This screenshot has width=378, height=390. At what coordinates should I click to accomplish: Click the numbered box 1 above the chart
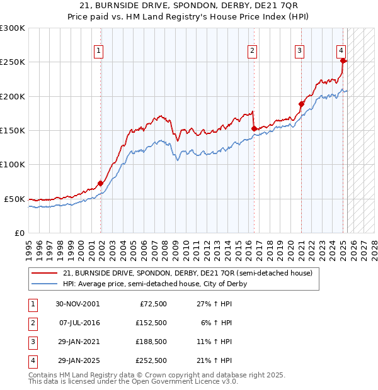coord(100,52)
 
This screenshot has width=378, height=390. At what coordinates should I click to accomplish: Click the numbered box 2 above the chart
coord(252,52)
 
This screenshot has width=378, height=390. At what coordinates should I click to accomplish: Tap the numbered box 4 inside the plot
coord(341,52)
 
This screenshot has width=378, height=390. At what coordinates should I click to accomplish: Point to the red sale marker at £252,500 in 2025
coord(343,61)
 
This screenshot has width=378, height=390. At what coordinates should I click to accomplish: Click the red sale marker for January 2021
coord(302,104)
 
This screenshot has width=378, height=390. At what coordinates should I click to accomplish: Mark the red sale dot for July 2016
coord(254,129)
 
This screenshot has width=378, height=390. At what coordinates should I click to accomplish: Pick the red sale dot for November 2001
coord(100,184)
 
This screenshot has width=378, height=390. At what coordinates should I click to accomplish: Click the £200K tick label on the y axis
coord(12,96)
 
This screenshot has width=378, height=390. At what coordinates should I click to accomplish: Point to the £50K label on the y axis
coord(14,199)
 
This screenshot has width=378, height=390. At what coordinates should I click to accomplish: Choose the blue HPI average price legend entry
coord(155,284)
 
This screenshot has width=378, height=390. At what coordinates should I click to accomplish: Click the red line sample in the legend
coord(43,273)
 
